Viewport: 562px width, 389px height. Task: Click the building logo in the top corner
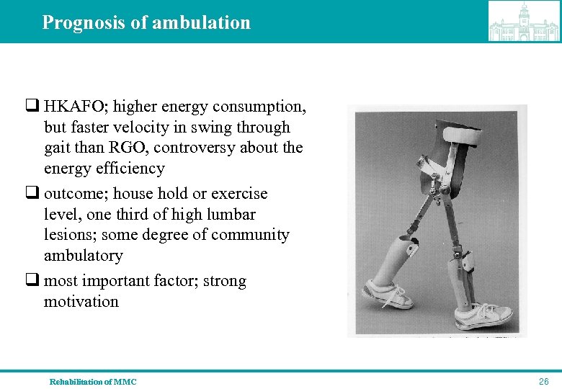[523, 21]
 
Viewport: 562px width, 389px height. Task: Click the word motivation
[81, 302]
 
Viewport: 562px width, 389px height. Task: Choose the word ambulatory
[83, 256]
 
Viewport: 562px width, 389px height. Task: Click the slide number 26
[544, 381]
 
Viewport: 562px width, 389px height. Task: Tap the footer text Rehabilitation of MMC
[92, 382]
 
